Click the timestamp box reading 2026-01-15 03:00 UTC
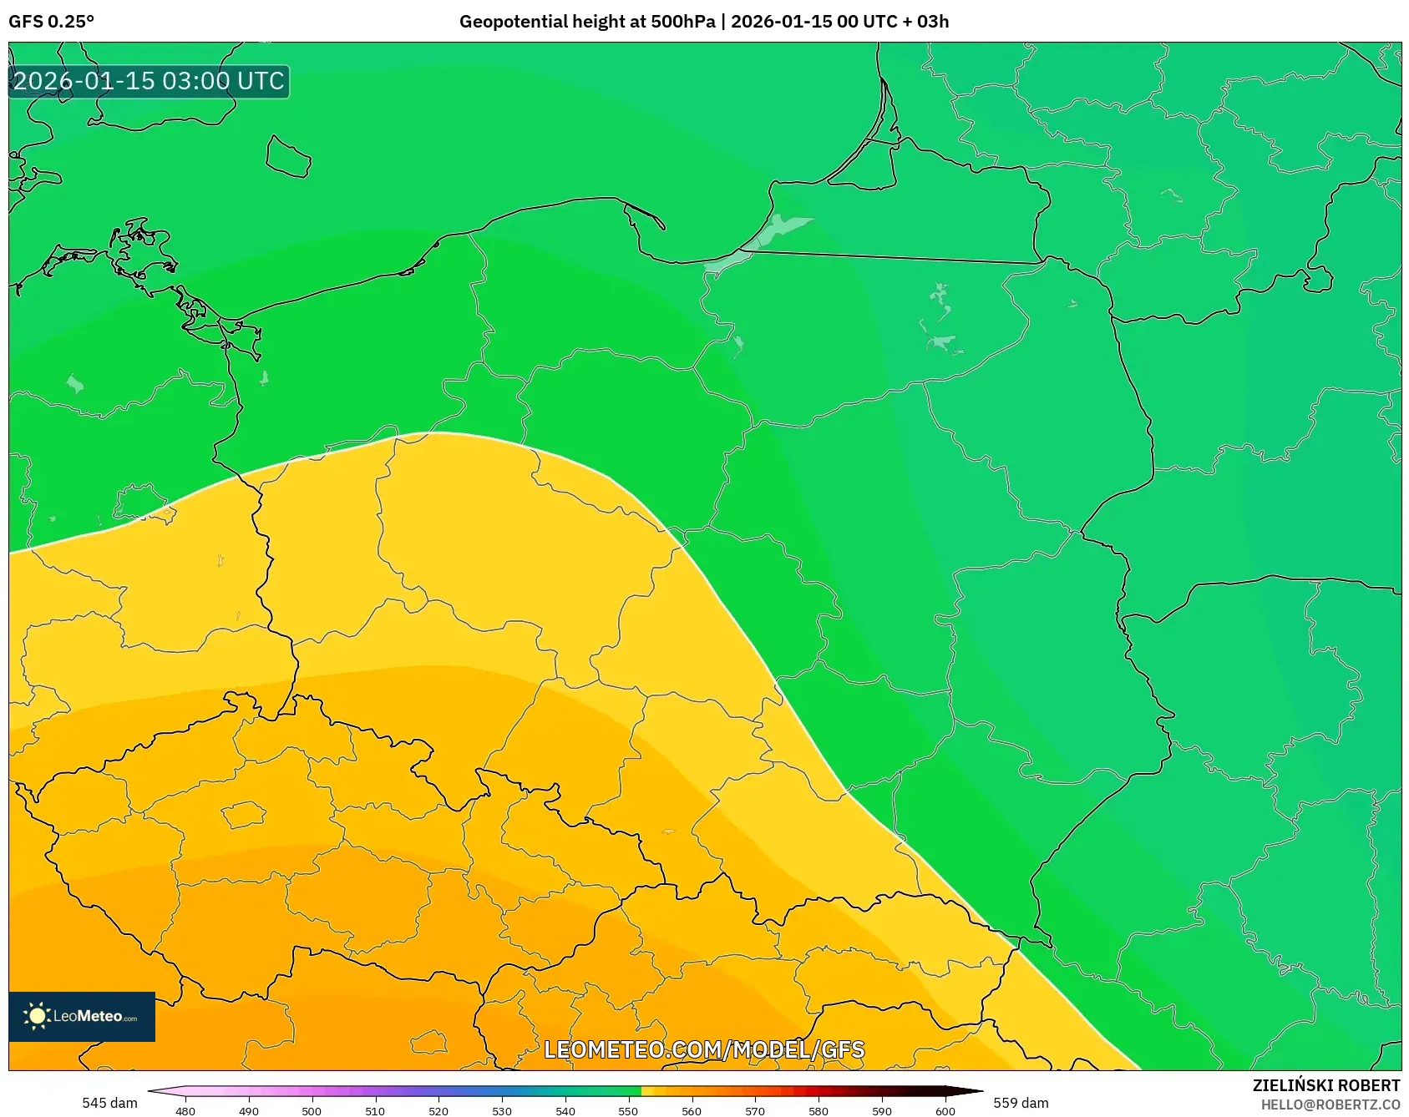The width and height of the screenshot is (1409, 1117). tap(149, 81)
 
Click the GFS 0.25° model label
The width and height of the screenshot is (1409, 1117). tap(51, 21)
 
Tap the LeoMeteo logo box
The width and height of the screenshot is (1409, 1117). tap(82, 1016)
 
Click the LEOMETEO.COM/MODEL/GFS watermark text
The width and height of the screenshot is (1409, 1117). tap(704, 1049)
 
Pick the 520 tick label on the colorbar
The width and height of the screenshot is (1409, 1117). tap(438, 1110)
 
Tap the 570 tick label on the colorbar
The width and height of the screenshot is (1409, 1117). tap(755, 1110)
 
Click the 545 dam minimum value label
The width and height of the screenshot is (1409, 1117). tap(109, 1103)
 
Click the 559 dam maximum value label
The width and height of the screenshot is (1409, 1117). tap(1021, 1103)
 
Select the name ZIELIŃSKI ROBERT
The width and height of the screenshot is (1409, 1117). tap(1325, 1085)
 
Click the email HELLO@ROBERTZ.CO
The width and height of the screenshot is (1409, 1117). tap(1330, 1104)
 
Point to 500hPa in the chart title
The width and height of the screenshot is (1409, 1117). tap(682, 21)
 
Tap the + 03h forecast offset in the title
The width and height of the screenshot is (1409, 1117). tap(925, 21)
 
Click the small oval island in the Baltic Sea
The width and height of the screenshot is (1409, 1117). tap(289, 157)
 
